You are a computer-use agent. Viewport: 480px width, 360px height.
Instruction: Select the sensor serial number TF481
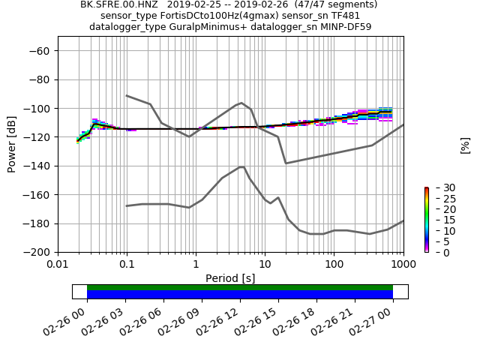(x=344, y=16)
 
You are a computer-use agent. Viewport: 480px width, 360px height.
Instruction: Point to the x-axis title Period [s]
(x=230, y=278)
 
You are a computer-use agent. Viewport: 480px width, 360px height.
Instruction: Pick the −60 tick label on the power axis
(x=40, y=51)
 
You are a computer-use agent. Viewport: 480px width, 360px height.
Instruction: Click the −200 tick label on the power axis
(x=37, y=252)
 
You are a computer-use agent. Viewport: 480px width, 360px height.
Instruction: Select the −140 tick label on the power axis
(x=37, y=166)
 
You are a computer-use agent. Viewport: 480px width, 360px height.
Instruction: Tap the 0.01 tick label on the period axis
(x=58, y=265)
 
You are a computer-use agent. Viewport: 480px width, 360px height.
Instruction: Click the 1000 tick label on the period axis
(x=403, y=265)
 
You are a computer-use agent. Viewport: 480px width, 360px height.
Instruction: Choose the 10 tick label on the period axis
(x=265, y=265)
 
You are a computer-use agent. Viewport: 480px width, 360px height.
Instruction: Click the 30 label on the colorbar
(x=440, y=187)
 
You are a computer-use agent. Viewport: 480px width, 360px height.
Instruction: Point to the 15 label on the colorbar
(x=440, y=220)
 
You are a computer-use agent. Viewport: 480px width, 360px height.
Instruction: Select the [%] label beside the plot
(x=465, y=145)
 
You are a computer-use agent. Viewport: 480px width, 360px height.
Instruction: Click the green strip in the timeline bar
(x=240, y=287)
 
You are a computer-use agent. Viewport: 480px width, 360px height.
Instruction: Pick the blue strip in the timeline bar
(x=240, y=295)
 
